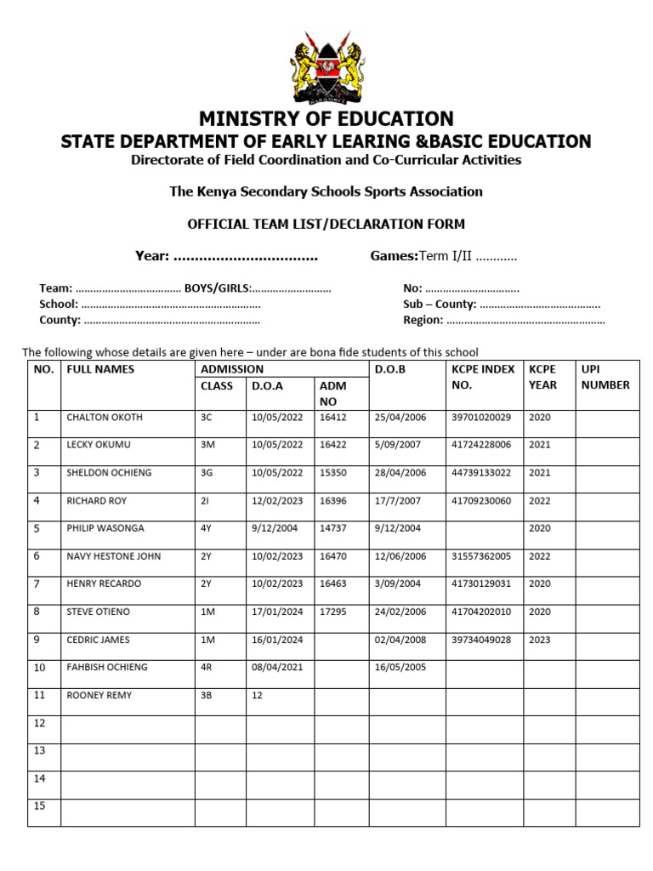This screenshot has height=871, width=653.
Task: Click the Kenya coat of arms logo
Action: tap(326, 67)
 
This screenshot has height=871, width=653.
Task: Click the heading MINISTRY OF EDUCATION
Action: tap(326, 119)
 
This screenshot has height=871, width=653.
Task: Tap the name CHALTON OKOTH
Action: tap(105, 418)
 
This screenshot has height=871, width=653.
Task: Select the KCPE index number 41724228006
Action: tap(481, 445)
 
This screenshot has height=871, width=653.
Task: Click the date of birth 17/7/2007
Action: tap(397, 501)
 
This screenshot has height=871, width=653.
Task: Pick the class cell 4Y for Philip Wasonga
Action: tap(206, 528)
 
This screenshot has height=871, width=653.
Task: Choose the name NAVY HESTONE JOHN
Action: tap(113, 556)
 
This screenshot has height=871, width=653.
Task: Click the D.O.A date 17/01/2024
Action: tap(276, 612)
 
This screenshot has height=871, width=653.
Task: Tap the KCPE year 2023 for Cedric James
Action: tap(539, 640)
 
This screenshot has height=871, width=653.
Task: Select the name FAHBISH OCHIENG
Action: tap(107, 668)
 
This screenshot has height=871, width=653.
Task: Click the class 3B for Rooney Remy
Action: tap(206, 696)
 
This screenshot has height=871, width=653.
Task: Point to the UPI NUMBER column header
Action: tap(605, 377)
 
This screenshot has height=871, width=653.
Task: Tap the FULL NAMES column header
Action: tap(100, 369)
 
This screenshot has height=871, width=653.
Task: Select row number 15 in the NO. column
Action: tap(39, 806)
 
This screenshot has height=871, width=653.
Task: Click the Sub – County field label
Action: tap(440, 304)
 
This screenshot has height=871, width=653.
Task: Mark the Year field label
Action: tap(153, 256)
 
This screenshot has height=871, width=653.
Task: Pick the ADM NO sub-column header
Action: tap(332, 394)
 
